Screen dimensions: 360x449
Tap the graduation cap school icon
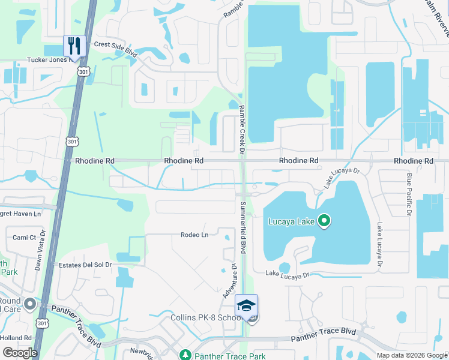point(246,306)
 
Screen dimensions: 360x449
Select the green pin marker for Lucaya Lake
point(324,222)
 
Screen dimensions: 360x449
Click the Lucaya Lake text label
point(292,222)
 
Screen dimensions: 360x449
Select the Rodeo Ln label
point(194,235)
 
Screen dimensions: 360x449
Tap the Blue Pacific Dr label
point(409,194)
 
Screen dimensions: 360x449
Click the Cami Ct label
point(25,238)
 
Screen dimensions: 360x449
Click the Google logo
point(20,352)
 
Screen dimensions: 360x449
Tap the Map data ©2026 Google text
point(411,355)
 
